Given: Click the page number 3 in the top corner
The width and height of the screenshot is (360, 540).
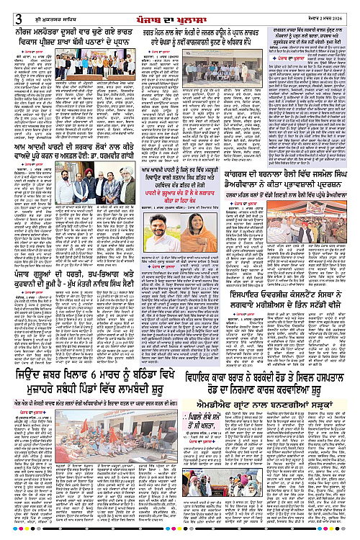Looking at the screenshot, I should (x=6, y=8).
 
